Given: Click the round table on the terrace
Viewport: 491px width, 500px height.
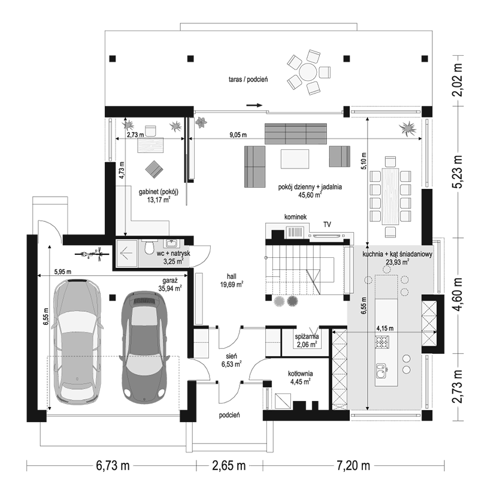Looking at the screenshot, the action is (308, 72).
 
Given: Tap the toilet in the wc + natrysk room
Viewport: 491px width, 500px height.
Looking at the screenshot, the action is (150, 247).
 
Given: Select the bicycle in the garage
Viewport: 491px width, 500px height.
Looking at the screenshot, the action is (92, 254).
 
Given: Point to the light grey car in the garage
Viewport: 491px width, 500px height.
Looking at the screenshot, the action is (78, 342).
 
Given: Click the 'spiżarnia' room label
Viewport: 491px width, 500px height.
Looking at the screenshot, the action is (307, 336).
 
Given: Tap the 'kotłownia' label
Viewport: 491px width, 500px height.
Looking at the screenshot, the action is (300, 374).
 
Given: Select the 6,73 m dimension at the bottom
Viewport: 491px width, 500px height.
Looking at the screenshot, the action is (113, 466).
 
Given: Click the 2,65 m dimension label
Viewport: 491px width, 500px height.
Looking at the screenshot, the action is (229, 466).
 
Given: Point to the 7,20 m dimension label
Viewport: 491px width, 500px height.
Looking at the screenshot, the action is (353, 466).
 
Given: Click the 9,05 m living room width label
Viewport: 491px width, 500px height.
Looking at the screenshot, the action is (238, 135).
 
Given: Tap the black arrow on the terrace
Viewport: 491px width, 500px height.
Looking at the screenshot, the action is (254, 105).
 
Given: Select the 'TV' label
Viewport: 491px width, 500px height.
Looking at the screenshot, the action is (327, 224).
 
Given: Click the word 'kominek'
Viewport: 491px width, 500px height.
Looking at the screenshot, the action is (295, 217).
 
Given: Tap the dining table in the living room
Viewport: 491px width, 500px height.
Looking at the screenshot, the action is (390, 197).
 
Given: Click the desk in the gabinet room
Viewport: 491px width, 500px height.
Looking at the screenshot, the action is (151, 146).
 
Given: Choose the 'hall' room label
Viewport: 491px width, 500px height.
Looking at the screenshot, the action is (232, 276).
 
